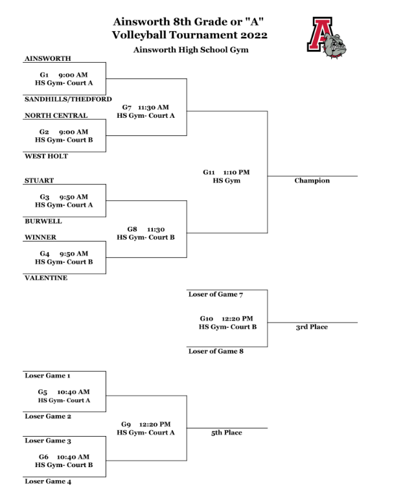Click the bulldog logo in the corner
[327, 38]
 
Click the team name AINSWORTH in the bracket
[47, 58]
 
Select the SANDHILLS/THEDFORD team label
[68, 99]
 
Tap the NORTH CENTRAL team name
[56, 115]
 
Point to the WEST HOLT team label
[46, 156]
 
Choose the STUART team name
[40, 180]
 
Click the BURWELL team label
[43, 221]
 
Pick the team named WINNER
[41, 237]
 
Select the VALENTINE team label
[46, 278]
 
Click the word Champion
[312, 181]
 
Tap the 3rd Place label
[312, 327]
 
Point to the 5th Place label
[226, 433]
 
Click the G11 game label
[209, 172]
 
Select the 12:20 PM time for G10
[237, 319]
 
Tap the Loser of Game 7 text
[216, 294]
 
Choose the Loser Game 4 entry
[48, 481]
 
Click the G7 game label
[127, 108]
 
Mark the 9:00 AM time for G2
[73, 132]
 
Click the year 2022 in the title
[254, 35]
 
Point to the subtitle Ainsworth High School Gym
[191, 50]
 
